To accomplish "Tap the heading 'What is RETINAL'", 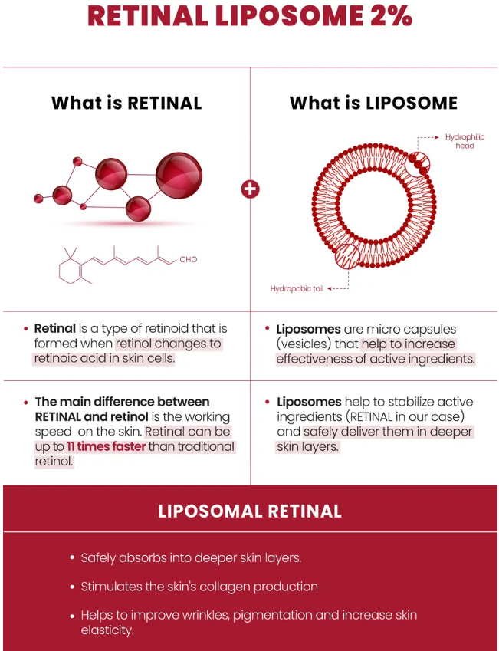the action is tap(126, 103).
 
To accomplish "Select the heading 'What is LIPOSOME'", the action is tap(373, 103).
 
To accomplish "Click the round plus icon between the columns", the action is tap(250, 189).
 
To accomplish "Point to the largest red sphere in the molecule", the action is tap(179, 175).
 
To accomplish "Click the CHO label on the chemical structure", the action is tap(189, 259).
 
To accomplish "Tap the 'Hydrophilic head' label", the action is tap(465, 141).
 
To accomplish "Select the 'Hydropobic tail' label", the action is tap(297, 288).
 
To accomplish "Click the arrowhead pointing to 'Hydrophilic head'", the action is tap(436, 137).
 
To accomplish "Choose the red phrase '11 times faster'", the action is tap(107, 447).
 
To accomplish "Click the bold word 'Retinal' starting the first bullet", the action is tap(54, 328).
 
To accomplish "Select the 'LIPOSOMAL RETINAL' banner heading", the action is tap(250, 511).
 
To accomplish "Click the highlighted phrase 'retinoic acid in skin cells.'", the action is tap(104, 358).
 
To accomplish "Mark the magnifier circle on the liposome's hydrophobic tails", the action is tap(347, 256).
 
